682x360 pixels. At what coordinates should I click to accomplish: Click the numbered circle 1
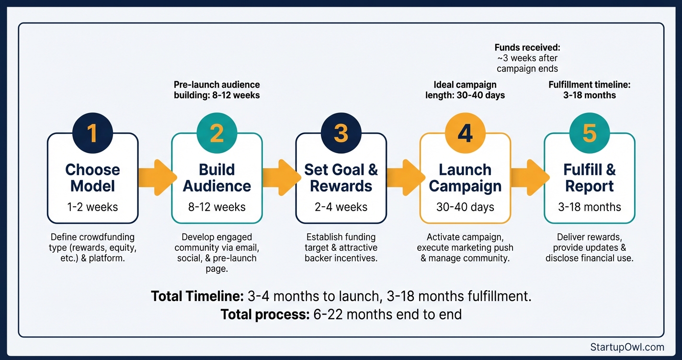92,134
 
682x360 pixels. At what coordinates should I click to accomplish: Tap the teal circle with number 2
216,134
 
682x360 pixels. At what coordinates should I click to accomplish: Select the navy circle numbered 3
341,134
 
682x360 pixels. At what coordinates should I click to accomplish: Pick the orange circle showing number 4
465,134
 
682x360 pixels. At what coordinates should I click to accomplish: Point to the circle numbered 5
590,134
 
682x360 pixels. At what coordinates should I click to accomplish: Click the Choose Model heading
92,178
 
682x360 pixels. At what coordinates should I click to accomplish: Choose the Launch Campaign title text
465,178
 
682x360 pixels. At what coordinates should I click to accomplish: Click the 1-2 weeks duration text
92,207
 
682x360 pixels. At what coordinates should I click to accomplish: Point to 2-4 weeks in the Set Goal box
341,207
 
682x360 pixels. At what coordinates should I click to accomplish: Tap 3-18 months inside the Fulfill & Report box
590,207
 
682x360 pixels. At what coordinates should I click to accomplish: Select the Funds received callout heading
527,48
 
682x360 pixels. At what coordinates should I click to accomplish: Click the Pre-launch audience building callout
216,90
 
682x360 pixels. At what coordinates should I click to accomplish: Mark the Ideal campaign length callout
465,90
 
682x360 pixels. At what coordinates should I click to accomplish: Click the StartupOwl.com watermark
627,347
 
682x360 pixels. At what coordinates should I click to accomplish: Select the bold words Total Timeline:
197,296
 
